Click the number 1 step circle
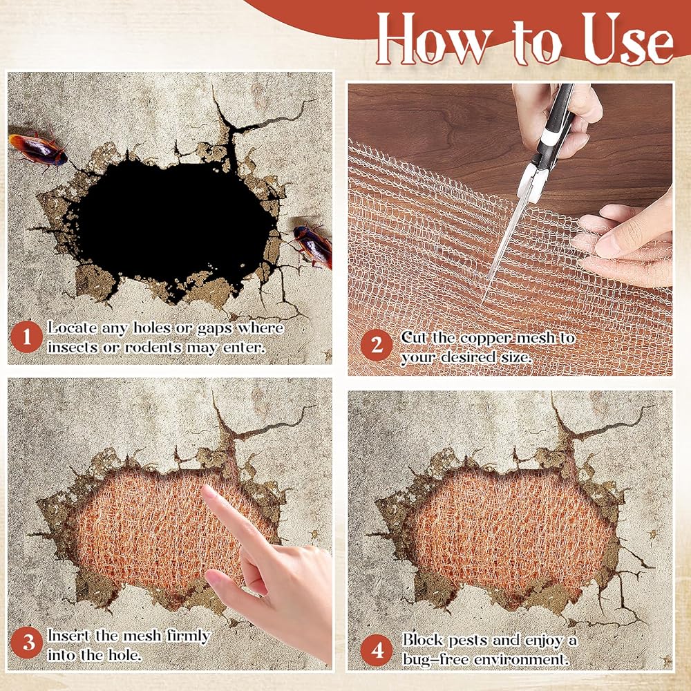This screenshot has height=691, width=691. point(26,337)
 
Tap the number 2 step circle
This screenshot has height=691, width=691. point(377,345)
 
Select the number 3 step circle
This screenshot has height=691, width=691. point(26,643)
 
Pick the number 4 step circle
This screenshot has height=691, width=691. point(377,650)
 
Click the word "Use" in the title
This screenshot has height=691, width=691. point(627,39)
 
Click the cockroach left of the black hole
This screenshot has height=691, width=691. point(38,150)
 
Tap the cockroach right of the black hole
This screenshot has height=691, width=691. point(313,246)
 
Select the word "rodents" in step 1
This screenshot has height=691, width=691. point(153,348)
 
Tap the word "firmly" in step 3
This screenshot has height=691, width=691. point(188,636)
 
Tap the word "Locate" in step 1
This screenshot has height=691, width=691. point(73,328)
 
